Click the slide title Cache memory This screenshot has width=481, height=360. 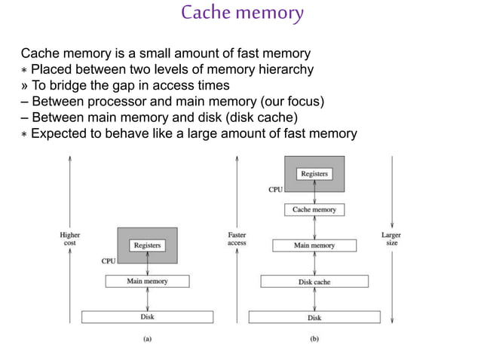coord(242,13)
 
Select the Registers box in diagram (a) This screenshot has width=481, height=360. coord(147,245)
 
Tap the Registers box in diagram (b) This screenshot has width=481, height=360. coord(314,174)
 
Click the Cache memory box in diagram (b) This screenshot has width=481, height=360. coord(314,209)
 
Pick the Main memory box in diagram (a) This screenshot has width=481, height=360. coord(147,281)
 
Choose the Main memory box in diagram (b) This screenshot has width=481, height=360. coord(314,246)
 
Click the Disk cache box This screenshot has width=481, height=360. coord(314,282)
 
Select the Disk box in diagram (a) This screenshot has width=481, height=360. coord(147,317)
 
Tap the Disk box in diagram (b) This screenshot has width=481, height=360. coord(314,317)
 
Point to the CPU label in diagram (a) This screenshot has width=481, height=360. coord(109,261)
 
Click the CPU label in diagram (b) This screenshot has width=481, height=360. coord(276,190)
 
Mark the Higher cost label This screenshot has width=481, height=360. coord(70,239)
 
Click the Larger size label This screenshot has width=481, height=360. coord(391,239)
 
